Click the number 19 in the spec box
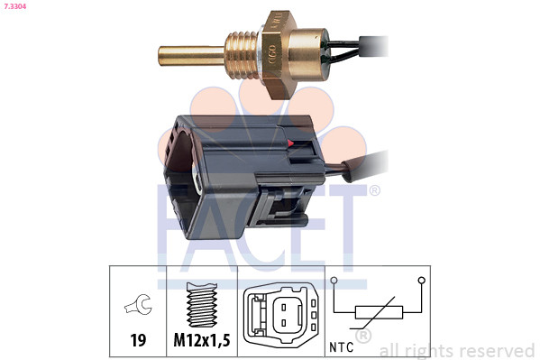tap(138, 341)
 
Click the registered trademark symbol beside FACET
tap(374, 190)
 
